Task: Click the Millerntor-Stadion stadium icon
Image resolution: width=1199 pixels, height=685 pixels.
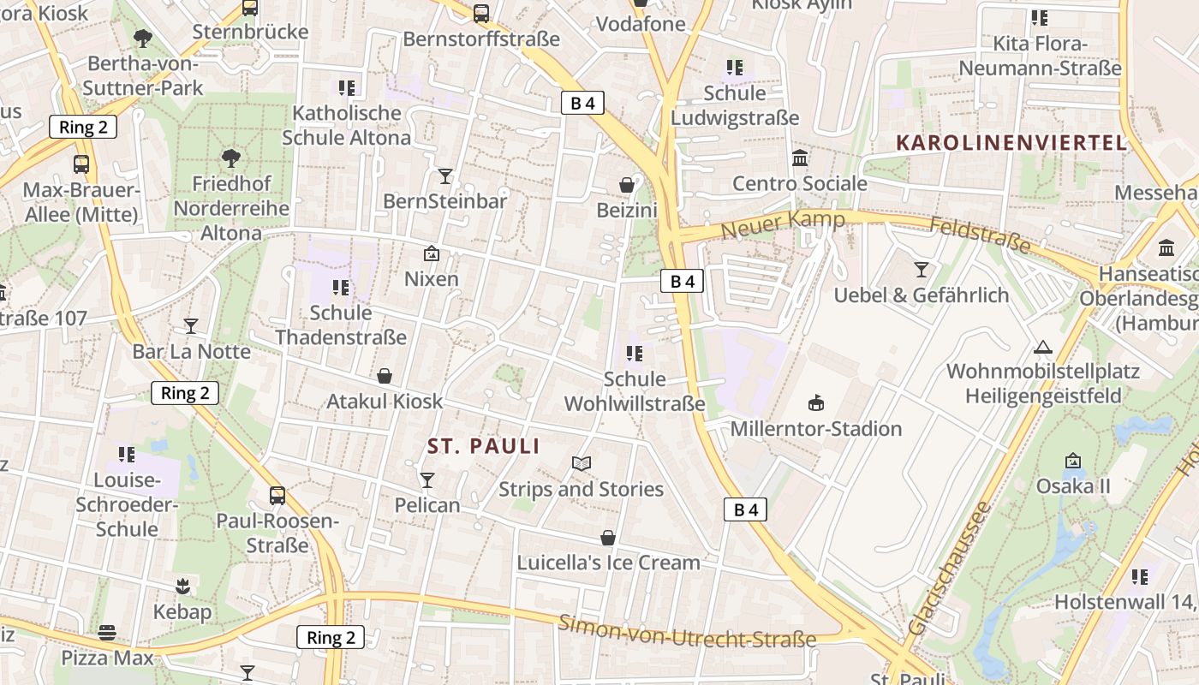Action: tap(815, 403)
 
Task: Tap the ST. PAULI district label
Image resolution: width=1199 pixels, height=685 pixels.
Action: tap(484, 446)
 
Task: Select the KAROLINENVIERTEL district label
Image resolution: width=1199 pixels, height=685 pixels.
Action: tap(1011, 143)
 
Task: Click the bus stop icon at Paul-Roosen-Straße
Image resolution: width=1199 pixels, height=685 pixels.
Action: tap(277, 496)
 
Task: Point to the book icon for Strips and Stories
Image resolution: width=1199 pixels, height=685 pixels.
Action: tap(582, 464)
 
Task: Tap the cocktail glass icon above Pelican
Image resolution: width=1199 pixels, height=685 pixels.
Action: tap(427, 480)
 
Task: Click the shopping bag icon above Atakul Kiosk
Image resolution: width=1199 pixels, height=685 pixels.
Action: tap(385, 376)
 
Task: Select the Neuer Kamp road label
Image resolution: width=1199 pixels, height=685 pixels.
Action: tap(783, 225)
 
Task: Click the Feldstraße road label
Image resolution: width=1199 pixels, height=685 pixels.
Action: tap(980, 234)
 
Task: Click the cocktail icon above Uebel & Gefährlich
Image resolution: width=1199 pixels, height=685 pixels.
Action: tap(922, 270)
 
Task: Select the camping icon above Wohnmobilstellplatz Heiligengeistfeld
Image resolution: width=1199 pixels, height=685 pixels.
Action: tap(1042, 347)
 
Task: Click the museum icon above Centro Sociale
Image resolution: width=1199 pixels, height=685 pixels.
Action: tap(800, 158)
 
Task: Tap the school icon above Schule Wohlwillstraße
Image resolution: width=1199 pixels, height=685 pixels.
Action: tap(635, 353)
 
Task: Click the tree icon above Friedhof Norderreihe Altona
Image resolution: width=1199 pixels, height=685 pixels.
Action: tap(230, 158)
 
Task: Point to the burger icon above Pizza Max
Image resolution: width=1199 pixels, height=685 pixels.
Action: tap(107, 633)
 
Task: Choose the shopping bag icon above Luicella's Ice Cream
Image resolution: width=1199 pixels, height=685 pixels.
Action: tap(608, 538)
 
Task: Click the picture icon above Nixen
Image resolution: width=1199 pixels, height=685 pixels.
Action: tap(432, 253)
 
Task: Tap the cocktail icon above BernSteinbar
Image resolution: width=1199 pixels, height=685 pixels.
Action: tap(445, 176)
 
